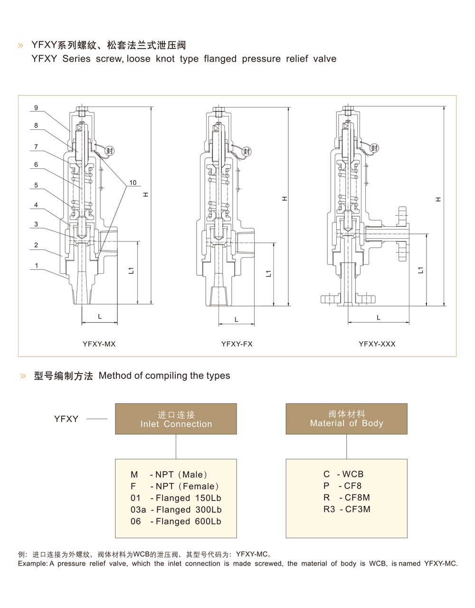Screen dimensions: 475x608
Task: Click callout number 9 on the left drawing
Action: point(36,108)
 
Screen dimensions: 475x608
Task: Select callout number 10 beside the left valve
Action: point(133,183)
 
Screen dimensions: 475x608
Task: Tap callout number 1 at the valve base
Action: point(37,265)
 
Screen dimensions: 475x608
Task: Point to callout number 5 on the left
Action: point(36,185)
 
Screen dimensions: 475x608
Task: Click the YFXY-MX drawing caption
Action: point(99,344)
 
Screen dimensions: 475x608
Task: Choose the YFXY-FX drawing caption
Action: point(237,344)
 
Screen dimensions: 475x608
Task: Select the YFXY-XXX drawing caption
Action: point(377,344)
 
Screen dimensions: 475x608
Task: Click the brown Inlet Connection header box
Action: point(176,419)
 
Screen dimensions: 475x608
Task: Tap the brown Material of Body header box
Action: point(346,419)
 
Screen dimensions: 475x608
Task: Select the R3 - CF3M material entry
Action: point(347,509)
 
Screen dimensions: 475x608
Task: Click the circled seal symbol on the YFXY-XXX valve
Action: point(374,148)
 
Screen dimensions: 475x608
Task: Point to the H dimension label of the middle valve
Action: point(285,198)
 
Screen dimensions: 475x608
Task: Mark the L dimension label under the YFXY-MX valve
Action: point(100,317)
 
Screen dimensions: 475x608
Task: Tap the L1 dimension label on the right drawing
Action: point(420,270)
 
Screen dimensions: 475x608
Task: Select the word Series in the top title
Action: point(76,59)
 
